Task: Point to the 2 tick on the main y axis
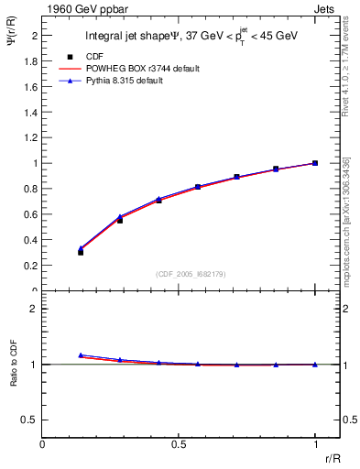tap(36, 36)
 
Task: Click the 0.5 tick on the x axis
tap(180, 445)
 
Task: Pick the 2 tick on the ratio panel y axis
tap(36, 309)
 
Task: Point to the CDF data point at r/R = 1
tap(315, 163)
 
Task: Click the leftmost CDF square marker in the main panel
tap(81, 252)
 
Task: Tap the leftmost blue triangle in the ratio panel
tap(81, 354)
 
